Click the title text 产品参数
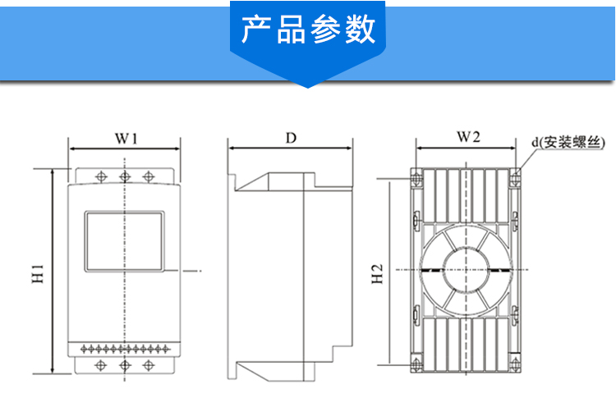(x=308, y=30)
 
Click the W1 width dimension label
(x=126, y=138)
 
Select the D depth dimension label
(x=291, y=138)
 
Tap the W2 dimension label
(x=467, y=137)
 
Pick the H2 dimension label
(x=377, y=274)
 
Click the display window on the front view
(x=124, y=240)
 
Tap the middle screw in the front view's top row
(x=124, y=176)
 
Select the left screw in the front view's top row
(x=100, y=176)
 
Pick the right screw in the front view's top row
(x=148, y=176)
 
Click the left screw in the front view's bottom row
(x=100, y=364)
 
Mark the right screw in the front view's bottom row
(x=148, y=364)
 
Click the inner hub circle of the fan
(x=467, y=270)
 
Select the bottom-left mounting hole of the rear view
(x=416, y=361)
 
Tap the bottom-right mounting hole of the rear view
(x=516, y=361)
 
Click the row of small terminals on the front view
(x=124, y=348)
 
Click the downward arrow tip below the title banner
(x=308, y=85)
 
